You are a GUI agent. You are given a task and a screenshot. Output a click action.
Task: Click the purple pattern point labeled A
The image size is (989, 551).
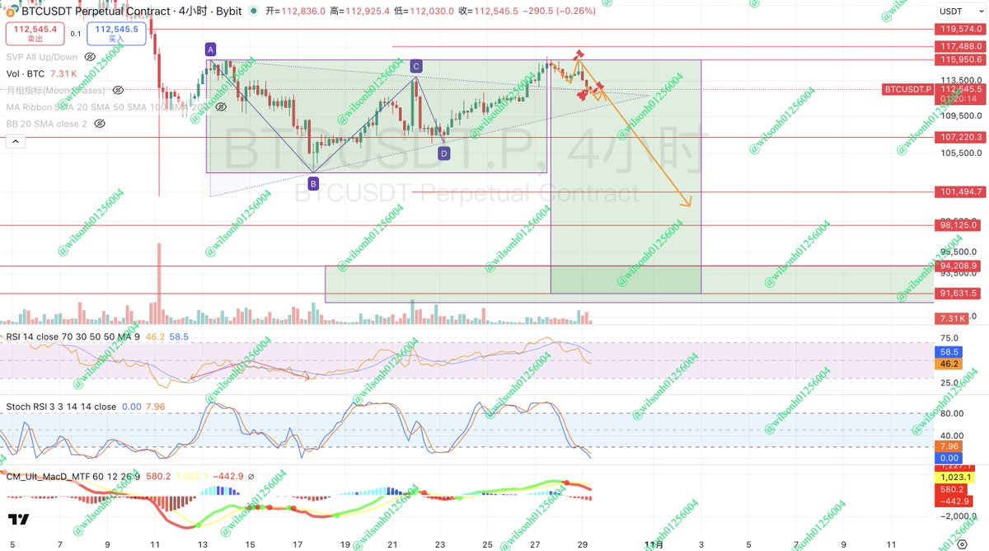(211, 49)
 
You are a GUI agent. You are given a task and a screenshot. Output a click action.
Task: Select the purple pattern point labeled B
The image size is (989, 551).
(313, 184)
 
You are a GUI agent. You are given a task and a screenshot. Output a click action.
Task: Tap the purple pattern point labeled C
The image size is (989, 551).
(416, 66)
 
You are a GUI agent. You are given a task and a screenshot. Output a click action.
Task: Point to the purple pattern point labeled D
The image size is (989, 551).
(444, 153)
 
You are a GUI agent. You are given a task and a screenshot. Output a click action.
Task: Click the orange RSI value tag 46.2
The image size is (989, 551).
(950, 363)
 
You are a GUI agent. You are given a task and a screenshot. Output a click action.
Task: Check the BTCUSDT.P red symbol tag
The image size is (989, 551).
(907, 89)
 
